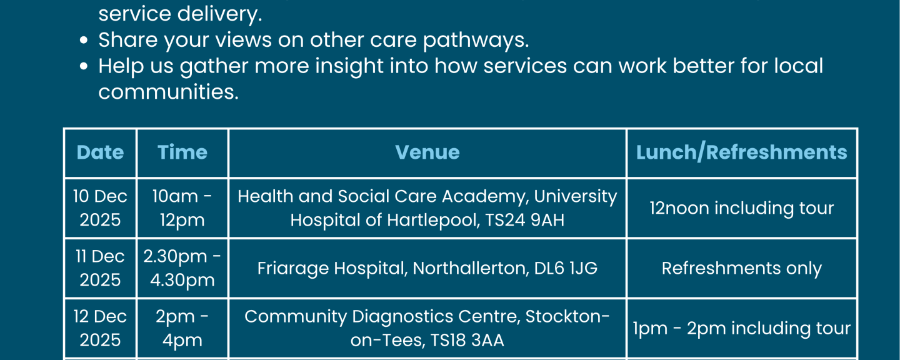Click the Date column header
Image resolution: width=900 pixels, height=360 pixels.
[x=100, y=152]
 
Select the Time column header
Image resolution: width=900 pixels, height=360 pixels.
[x=182, y=152]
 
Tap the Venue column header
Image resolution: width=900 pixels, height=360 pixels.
[x=427, y=152]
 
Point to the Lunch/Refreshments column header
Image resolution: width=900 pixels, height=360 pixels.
[x=742, y=152]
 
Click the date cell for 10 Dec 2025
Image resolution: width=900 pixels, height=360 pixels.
[x=100, y=207]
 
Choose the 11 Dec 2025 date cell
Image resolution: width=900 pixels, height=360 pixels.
[x=100, y=268]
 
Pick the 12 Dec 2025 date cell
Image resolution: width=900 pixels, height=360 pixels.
[x=100, y=328]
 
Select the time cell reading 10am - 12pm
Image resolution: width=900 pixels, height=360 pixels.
[x=182, y=207]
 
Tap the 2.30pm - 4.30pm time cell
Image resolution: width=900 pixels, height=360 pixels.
[x=182, y=268]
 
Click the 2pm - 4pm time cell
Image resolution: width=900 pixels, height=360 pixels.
[x=182, y=328]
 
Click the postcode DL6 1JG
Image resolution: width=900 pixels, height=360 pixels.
[x=566, y=268]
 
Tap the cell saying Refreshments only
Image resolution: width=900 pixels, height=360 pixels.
[x=742, y=268]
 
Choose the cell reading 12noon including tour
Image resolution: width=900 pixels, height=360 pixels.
[x=742, y=208]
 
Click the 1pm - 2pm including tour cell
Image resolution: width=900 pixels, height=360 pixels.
[x=742, y=328]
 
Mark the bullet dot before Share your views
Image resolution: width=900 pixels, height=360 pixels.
[x=84, y=40]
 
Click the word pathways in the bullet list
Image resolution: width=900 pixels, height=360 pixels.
[x=476, y=40]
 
